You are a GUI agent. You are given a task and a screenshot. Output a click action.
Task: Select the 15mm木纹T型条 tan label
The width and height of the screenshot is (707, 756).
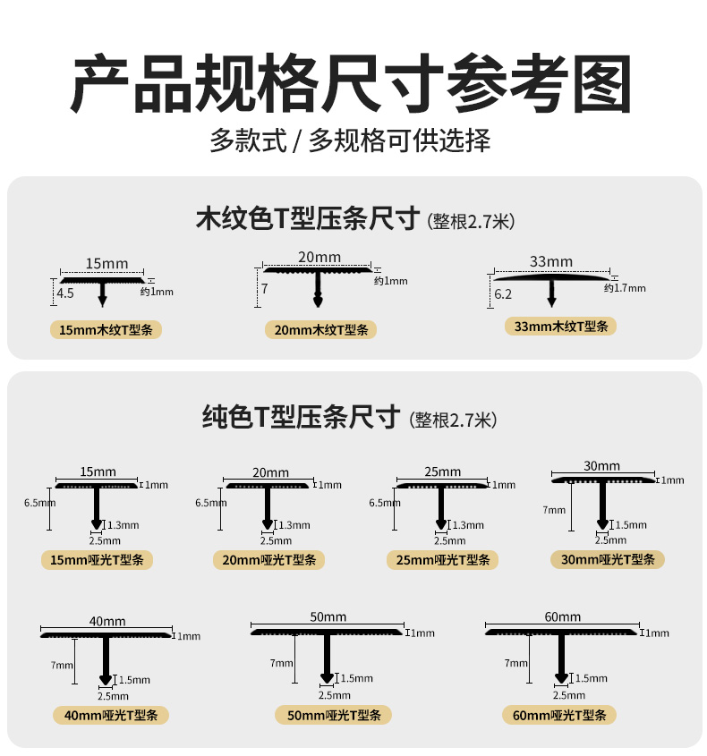[106, 330]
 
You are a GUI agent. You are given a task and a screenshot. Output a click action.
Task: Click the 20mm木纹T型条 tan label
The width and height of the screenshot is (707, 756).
[320, 330]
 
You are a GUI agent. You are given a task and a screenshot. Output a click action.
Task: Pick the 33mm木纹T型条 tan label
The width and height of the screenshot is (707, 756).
[560, 327]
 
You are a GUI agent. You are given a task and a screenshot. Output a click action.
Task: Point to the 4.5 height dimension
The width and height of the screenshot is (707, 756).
[65, 293]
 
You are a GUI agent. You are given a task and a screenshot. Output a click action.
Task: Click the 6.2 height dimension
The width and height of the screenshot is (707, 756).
[503, 293]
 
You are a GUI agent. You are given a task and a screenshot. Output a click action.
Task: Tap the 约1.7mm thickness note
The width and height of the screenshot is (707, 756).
[624, 288]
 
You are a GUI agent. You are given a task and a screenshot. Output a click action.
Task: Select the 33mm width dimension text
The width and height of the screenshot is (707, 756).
[551, 262]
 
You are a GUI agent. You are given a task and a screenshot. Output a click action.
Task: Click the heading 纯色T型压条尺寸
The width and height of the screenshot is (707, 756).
[300, 416]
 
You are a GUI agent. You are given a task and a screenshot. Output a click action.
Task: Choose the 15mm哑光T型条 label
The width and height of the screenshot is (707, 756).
[98, 560]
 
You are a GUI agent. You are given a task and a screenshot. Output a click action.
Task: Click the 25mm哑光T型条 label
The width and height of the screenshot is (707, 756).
[441, 560]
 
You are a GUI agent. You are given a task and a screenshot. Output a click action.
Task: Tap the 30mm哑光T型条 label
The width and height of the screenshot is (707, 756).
[608, 559]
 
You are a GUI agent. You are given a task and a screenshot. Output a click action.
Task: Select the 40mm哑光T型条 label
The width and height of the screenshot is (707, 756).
[105, 715]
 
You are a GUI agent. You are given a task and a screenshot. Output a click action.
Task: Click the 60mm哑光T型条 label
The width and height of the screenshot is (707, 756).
[560, 715]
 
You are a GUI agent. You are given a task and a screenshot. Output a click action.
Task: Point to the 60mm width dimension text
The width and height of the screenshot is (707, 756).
[562, 616]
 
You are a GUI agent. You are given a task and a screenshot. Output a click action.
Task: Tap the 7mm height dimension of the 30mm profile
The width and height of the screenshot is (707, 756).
[554, 510]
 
